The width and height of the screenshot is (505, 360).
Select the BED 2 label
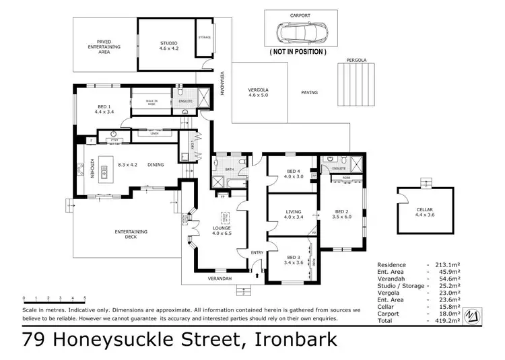click(x=342, y=212)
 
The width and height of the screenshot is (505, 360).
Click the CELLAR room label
click(x=424, y=211)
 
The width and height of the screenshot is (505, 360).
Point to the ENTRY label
click(x=257, y=253)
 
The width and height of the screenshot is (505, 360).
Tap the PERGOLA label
click(x=356, y=60)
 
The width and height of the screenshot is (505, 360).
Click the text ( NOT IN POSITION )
click(x=298, y=51)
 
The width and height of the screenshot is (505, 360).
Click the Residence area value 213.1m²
click(x=457, y=264)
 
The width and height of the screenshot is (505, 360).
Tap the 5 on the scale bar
click(x=85, y=297)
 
